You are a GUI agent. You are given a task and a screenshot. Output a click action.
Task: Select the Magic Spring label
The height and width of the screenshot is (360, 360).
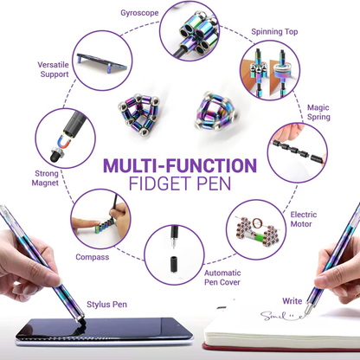[318, 113]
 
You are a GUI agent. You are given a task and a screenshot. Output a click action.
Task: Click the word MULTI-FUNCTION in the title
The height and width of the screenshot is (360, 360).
[179, 164]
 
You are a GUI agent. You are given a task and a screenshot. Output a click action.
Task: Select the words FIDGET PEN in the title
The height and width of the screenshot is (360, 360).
[179, 184]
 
